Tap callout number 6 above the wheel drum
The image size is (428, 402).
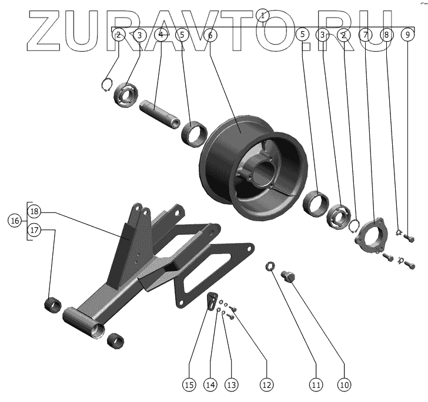coord(210,35)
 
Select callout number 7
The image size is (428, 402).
coord(366,35)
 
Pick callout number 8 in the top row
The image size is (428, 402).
coord(386,35)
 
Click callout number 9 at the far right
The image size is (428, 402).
coord(408,35)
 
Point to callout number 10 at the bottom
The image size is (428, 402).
coord(344,385)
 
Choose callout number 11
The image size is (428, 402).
coord(316,385)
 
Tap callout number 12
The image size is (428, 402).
coord(266,385)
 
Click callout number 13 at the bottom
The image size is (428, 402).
coord(231,385)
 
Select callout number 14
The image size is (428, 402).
coord(210,385)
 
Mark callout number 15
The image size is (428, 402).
coord(188,385)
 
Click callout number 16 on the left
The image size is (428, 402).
coord(15,221)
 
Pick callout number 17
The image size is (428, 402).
coord(34,231)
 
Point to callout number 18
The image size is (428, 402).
coord(34,211)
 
